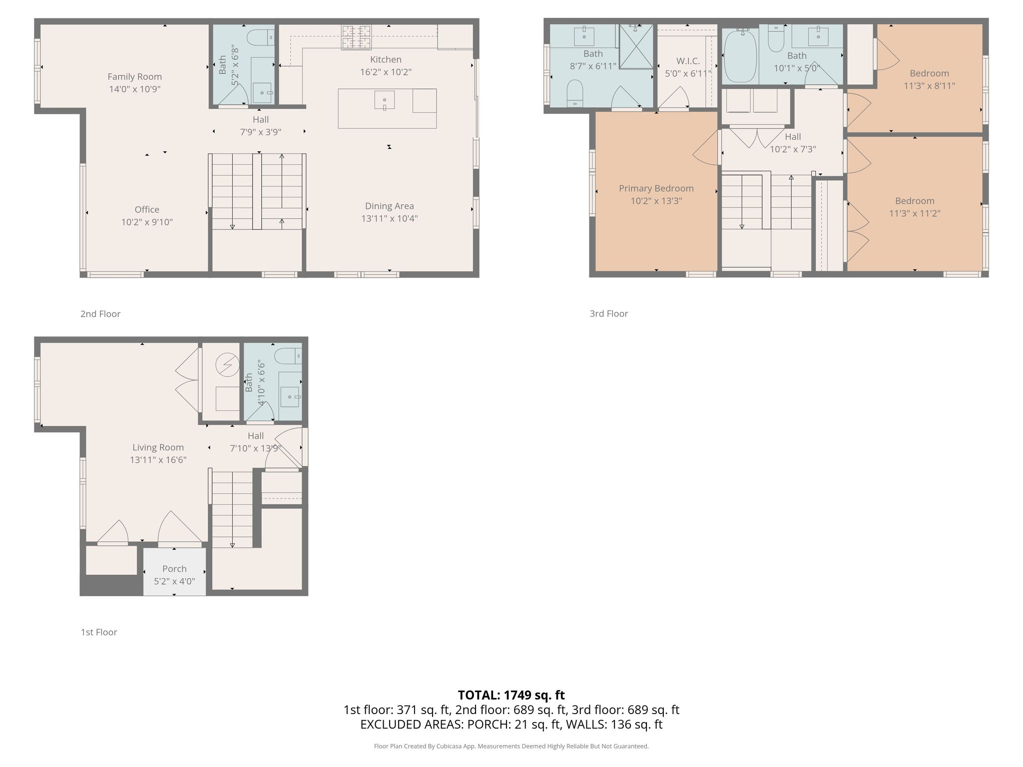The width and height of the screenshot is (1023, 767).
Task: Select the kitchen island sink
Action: (385, 100)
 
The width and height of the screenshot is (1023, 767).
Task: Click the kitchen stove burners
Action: (356, 37)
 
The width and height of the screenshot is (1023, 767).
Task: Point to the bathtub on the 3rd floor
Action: (740, 55)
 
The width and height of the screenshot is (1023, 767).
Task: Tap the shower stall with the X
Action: (636, 46)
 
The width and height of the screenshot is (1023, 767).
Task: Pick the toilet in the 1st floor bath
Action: (288, 356)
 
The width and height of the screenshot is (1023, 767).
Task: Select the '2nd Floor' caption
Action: (100, 314)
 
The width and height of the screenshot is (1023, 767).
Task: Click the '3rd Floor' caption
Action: (609, 314)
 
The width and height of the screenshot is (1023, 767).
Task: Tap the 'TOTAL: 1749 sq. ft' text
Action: (511, 695)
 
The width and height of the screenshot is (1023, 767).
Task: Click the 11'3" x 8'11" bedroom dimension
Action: (930, 85)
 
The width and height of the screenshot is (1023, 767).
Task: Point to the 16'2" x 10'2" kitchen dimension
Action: (386, 72)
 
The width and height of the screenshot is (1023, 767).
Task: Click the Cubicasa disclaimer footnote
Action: (511, 746)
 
